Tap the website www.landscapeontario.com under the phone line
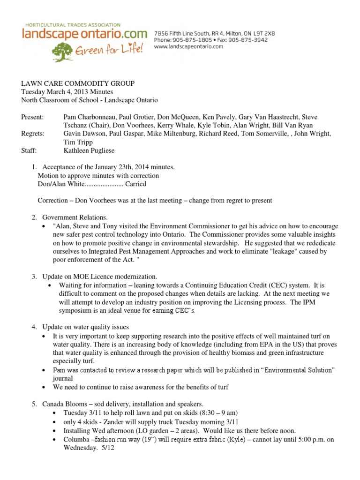[x=188, y=47]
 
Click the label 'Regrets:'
[x=33, y=134]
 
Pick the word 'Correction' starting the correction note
[x=52, y=201]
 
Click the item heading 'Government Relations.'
[x=75, y=217]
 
